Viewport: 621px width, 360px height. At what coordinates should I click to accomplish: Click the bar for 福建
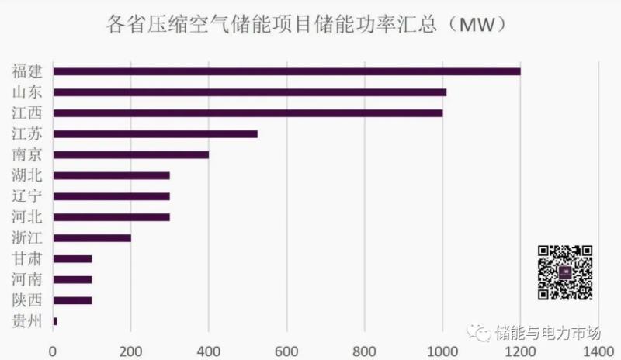[286, 71]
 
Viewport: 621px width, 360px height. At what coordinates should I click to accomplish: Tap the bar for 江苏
[154, 133]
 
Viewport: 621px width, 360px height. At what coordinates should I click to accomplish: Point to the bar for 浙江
[92, 237]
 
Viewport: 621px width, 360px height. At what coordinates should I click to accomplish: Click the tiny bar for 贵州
[55, 320]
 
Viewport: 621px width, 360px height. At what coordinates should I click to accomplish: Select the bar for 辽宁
[111, 196]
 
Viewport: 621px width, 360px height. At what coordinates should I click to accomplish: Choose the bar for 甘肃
[72, 258]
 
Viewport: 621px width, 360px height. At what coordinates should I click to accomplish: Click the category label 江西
[27, 113]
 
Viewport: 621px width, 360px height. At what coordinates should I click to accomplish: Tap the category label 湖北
[27, 175]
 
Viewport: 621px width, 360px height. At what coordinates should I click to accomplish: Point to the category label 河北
[27, 216]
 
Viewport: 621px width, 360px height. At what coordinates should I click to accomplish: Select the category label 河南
[27, 279]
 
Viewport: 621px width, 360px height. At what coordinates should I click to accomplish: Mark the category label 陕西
[27, 299]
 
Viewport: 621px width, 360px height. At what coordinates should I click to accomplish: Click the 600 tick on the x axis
[286, 351]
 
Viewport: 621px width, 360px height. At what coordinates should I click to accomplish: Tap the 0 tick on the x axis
[53, 351]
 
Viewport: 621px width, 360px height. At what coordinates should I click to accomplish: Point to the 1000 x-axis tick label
[442, 351]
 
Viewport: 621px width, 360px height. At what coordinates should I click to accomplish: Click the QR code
[565, 272]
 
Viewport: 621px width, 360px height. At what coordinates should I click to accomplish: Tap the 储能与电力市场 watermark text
[548, 333]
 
